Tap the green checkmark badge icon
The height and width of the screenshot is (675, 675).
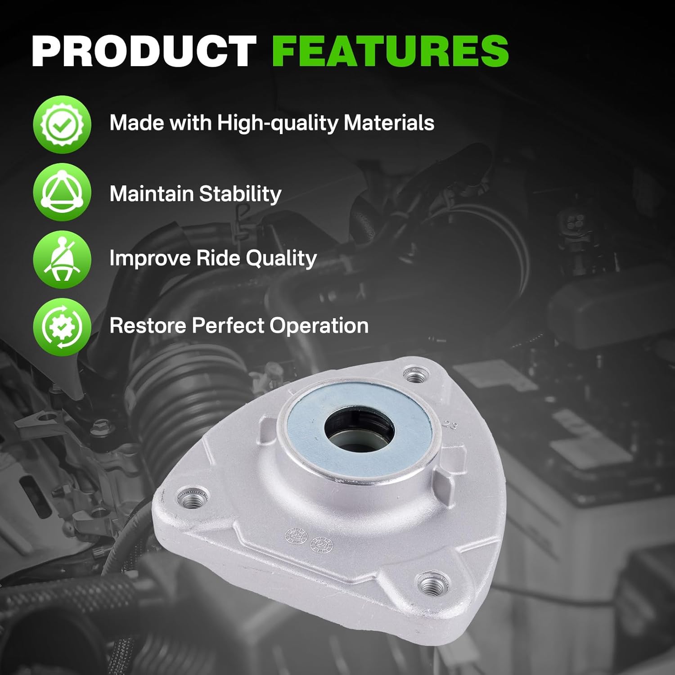pyautogui.click(x=62, y=124)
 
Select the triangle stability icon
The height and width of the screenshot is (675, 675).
pyautogui.click(x=62, y=192)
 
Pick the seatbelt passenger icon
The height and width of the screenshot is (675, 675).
pyautogui.click(x=62, y=260)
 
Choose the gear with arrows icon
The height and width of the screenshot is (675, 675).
pyautogui.click(x=62, y=327)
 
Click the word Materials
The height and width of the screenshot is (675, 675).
pyautogui.click(x=389, y=122)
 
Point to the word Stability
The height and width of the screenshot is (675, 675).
pyautogui.click(x=240, y=194)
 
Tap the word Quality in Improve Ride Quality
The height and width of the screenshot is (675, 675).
pyautogui.click(x=281, y=259)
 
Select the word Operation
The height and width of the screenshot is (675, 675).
pyautogui.click(x=319, y=326)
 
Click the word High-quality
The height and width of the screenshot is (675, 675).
pyautogui.click(x=278, y=123)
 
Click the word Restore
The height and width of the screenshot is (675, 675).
pyautogui.click(x=148, y=325)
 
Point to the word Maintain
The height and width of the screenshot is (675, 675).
pyautogui.click(x=151, y=193)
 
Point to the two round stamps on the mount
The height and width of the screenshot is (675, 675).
pyautogui.click(x=310, y=539)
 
